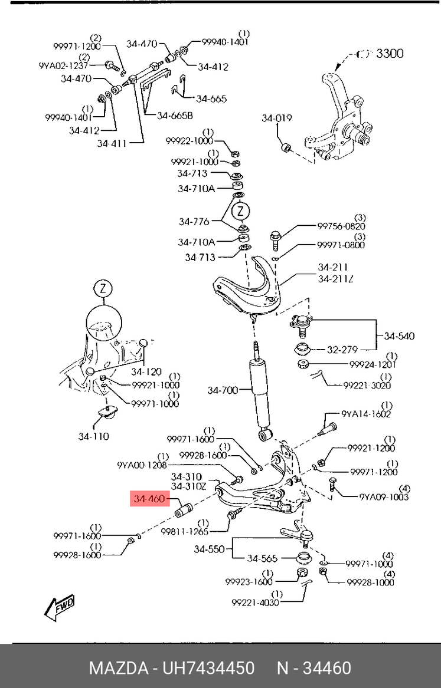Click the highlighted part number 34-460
(148, 499)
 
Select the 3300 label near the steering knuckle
(390, 54)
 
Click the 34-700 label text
(222, 390)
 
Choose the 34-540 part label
(399, 336)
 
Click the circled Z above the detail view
(103, 289)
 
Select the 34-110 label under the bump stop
(93, 436)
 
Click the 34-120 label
(146, 371)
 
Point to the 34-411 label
(112, 143)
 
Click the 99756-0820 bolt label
(341, 226)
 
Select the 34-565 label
(262, 558)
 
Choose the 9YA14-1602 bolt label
(366, 414)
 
